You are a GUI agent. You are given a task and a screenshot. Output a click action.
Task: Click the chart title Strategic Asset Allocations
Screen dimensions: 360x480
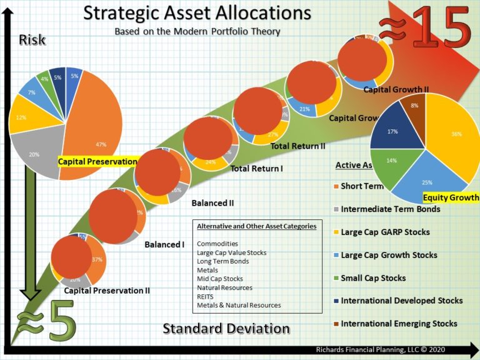[197, 13]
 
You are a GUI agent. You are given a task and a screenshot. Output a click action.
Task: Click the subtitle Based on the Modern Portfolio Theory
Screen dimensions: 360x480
[197, 31]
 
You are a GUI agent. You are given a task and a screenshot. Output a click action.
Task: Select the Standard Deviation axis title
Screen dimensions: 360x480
[226, 329]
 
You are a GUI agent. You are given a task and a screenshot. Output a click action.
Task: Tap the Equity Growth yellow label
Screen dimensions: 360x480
[451, 198]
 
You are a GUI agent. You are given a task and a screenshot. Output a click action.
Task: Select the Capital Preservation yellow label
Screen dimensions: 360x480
[97, 161]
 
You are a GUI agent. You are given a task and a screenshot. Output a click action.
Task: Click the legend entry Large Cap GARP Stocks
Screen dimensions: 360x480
[385, 232]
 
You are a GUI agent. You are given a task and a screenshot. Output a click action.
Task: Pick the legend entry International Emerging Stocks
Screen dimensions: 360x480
[398, 324]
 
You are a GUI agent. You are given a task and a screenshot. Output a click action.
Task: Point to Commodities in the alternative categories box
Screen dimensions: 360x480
[217, 244]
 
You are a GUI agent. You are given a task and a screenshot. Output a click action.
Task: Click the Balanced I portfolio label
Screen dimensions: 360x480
[164, 244]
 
